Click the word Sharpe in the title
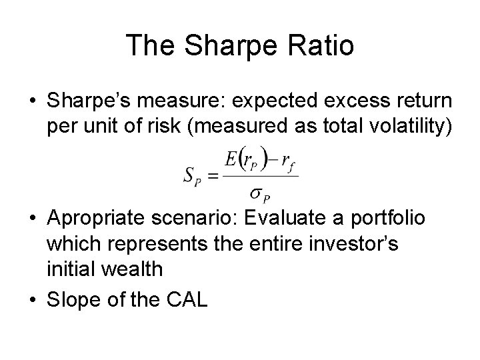[x=214, y=45]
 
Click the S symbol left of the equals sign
[x=189, y=175]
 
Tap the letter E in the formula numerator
[x=230, y=160]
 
